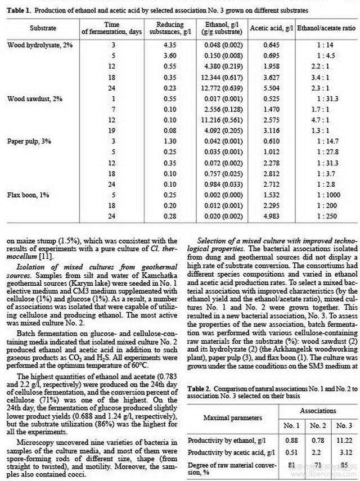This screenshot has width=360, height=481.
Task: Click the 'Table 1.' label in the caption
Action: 19,10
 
